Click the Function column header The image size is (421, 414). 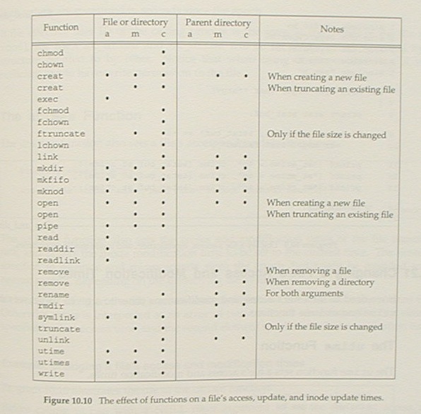pos(61,28)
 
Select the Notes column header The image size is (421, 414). pos(331,29)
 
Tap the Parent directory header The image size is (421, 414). pos(218,23)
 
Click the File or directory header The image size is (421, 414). pos(134,23)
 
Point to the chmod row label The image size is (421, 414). pos(50,53)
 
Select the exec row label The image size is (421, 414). pos(47,99)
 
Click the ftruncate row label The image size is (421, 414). pos(61,134)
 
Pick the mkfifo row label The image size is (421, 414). pos(53,179)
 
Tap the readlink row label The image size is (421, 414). pos(59,260)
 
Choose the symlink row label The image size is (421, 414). pos(56,317)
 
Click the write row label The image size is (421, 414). pos(50,374)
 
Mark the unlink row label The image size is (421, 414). pos(53,340)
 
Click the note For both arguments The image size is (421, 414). pos(304,294)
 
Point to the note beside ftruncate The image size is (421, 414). pos(326,134)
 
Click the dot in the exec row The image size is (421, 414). pos(107,99)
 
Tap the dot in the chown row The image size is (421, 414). pos(163,64)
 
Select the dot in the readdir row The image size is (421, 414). pos(107,249)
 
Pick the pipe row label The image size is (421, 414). pos(47,226)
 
